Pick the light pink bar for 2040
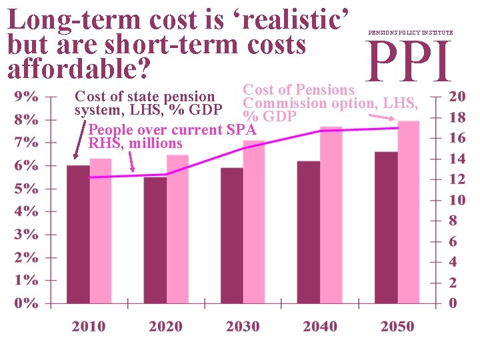pyautogui.click(x=331, y=215)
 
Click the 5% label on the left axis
pyautogui.click(x=26, y=188)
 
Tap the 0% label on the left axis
pyautogui.click(x=26, y=303)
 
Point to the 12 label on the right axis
pyautogui.click(x=457, y=179)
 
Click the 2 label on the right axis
pyautogui.click(x=453, y=283)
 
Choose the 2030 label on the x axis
pyautogui.click(x=243, y=327)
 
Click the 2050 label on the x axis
pyautogui.click(x=397, y=327)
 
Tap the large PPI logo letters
pyautogui.click(x=409, y=61)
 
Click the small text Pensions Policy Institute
pyautogui.click(x=409, y=32)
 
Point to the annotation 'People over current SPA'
pyautogui.click(x=172, y=129)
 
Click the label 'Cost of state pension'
pyautogui.click(x=144, y=97)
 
